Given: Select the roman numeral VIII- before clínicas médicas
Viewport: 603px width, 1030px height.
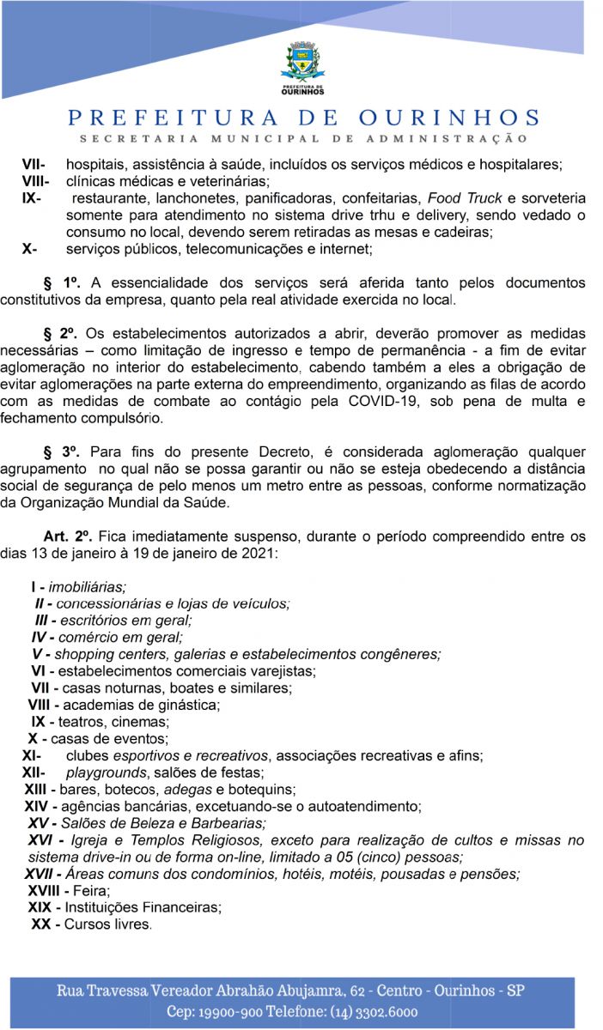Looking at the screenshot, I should [36, 181].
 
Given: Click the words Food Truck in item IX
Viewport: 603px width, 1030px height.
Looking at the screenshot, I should [466, 197].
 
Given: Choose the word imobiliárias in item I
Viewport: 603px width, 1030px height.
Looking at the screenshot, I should [87, 588].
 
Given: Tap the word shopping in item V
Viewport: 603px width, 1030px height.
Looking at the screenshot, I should [82, 654].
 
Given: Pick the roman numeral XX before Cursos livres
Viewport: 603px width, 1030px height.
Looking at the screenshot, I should [40, 924].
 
